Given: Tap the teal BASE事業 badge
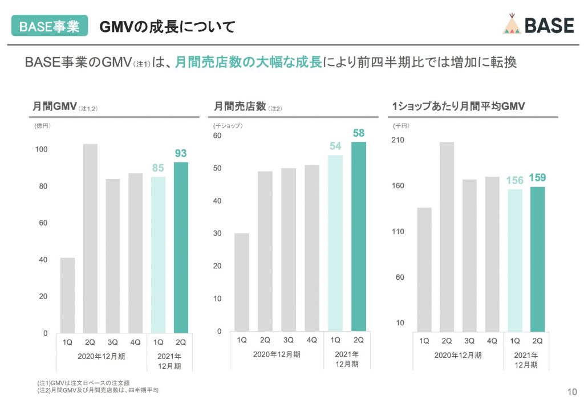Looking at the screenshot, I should [x=50, y=26].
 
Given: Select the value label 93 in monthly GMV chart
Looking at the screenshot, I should [x=181, y=153].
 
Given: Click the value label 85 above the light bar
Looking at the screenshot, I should [x=158, y=168].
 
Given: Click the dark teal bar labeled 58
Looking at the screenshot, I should [x=359, y=236].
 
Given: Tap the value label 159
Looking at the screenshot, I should [x=537, y=178].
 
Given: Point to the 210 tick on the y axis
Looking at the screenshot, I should [x=398, y=140].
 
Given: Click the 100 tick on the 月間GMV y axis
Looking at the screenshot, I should [x=42, y=150].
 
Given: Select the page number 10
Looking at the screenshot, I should [x=571, y=391].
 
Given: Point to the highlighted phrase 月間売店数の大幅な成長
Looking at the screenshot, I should [x=248, y=62].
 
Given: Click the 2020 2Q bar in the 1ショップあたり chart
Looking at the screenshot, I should [x=447, y=236].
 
